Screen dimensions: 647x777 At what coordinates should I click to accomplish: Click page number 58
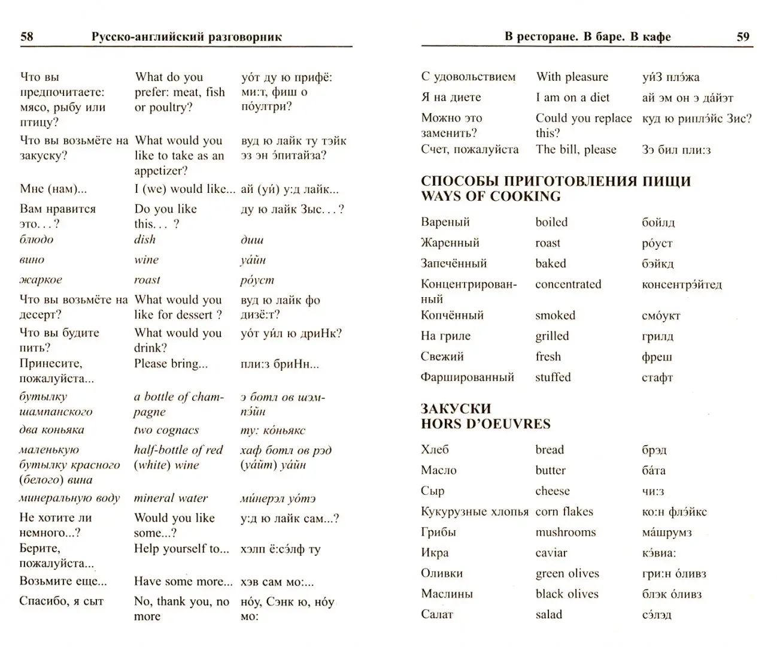tap(27, 37)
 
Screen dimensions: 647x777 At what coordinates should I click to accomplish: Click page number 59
tap(742, 37)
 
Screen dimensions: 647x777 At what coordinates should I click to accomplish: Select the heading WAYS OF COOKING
tap(490, 196)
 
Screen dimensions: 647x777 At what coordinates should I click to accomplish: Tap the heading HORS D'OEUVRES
tap(485, 424)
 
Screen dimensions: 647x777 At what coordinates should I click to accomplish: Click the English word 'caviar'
tap(551, 553)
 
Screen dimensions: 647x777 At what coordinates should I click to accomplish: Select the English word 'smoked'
tap(555, 316)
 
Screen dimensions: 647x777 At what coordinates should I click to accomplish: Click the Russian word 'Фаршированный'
tap(467, 377)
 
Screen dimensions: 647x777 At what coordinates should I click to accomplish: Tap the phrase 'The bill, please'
tap(575, 150)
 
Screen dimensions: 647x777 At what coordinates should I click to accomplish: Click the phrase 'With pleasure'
tap(572, 77)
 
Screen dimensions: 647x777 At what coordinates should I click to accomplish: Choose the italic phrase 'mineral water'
tap(171, 498)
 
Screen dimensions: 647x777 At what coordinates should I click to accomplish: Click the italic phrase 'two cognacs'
tap(166, 430)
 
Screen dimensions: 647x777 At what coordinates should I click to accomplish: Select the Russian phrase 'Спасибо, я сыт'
tap(61, 601)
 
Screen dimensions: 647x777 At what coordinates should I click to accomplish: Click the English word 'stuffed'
tap(553, 377)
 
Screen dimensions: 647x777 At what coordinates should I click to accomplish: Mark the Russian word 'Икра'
tap(434, 553)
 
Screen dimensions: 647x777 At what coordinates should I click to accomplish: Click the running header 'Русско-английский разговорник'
tap(186, 37)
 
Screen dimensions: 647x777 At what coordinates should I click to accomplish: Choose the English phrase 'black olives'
tap(566, 594)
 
